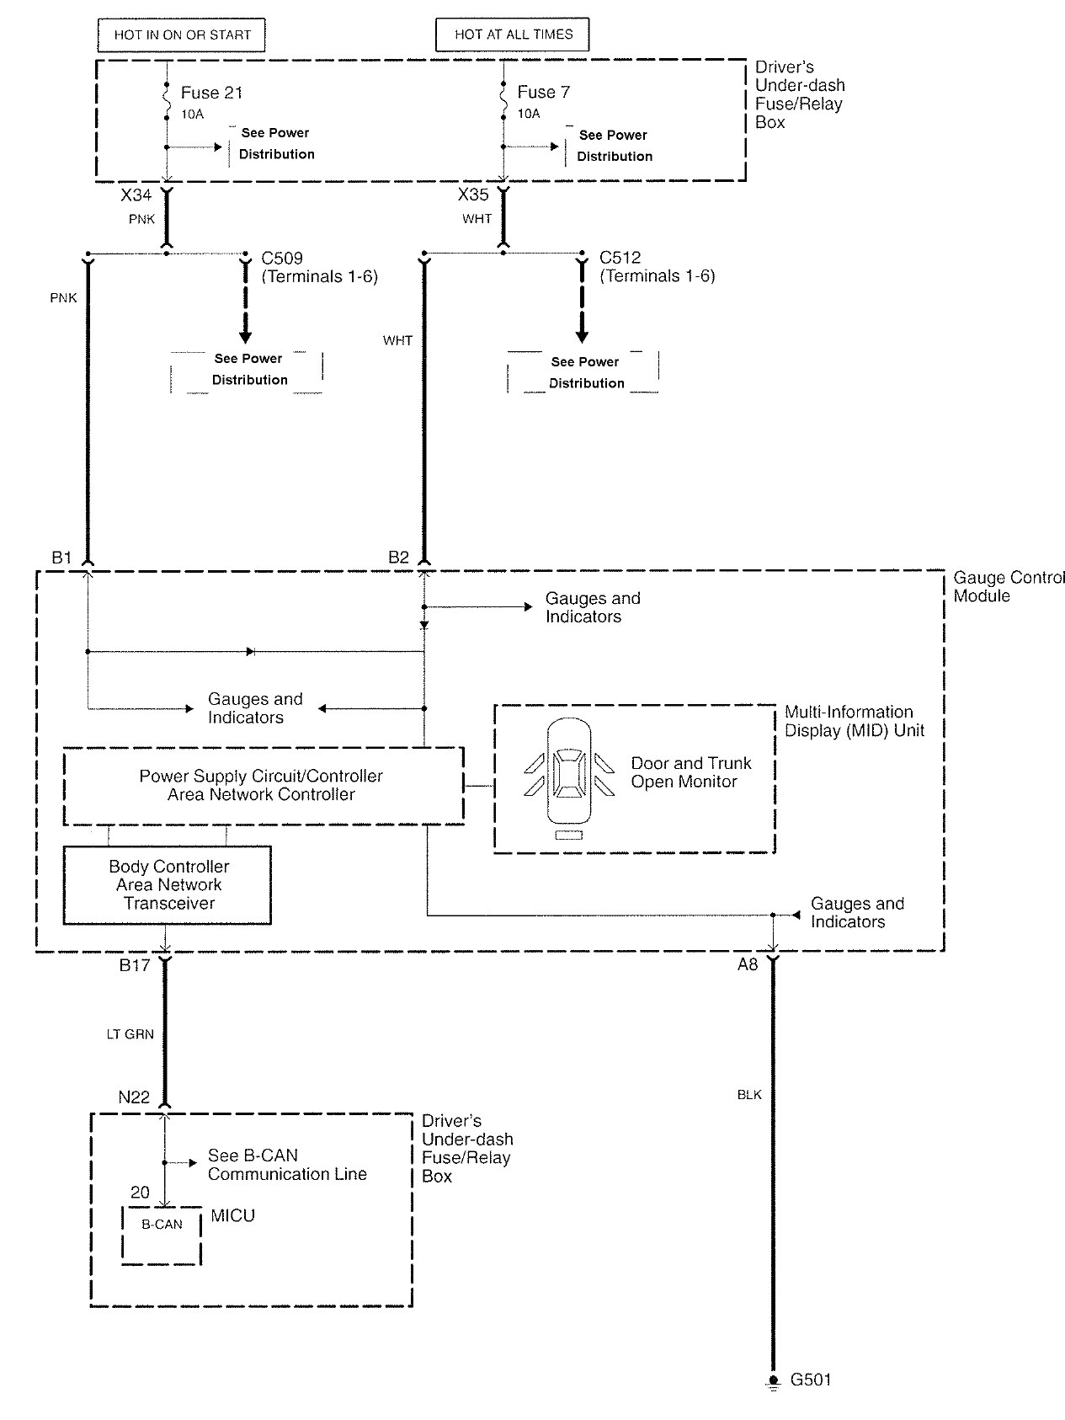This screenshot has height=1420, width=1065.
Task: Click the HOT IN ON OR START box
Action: point(183,35)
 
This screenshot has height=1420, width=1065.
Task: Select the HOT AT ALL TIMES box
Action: point(513,35)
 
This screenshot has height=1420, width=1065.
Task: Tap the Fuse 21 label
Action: point(211,93)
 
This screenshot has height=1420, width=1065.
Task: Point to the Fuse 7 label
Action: point(543,92)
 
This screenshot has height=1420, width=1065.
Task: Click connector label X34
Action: point(136,195)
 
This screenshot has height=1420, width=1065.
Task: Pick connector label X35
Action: point(473,195)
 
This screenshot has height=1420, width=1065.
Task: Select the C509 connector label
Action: point(282,259)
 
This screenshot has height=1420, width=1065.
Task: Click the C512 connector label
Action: point(620,258)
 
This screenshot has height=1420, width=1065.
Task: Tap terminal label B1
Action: point(61,557)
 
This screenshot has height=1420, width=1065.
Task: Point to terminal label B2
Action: point(398,557)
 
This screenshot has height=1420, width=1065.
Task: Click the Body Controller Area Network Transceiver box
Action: point(168,885)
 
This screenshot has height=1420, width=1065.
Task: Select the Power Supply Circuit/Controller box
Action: point(263,785)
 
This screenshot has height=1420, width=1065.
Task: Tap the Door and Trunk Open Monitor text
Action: point(690,772)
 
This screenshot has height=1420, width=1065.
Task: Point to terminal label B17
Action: point(134,965)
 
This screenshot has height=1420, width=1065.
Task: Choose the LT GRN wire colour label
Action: point(130,1034)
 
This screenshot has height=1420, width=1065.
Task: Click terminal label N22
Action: point(134,1097)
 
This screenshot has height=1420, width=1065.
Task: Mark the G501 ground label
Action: point(811,1380)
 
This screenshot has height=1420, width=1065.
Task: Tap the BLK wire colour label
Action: point(748,1095)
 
